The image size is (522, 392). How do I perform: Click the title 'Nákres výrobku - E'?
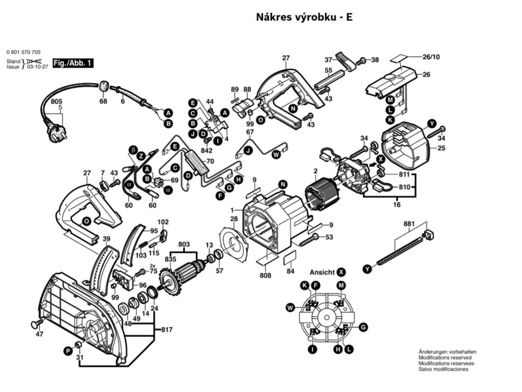point(303,17)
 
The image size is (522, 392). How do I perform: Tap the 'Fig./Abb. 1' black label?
point(73,63)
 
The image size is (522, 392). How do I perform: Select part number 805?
point(57,102)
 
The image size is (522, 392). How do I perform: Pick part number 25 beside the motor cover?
point(441,149)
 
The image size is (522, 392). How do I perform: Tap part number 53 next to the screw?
point(329,237)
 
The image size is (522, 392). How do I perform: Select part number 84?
point(290,271)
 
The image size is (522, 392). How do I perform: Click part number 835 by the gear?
point(169,260)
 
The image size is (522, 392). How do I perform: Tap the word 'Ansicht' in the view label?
point(322,273)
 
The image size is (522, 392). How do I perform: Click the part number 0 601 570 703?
point(24,53)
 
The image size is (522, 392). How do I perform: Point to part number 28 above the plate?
point(233,219)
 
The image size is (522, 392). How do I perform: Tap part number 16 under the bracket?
point(397,205)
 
